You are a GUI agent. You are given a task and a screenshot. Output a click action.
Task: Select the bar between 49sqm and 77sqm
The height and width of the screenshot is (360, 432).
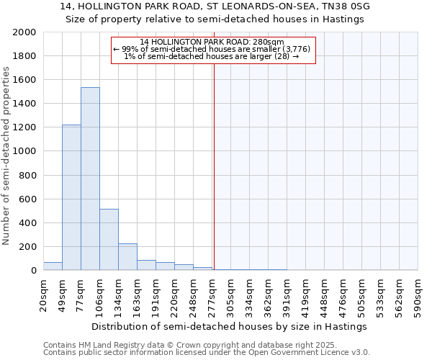71,197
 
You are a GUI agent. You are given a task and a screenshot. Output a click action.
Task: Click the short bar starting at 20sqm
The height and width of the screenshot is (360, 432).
53,266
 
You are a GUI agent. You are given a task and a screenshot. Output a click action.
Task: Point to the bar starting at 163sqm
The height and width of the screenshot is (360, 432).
146,265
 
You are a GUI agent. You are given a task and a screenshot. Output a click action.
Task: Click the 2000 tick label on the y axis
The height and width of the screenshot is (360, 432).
24,32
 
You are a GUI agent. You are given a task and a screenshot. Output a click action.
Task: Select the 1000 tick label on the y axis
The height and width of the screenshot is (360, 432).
24,151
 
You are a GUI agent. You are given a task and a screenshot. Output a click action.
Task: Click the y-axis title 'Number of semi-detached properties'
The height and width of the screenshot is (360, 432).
7,155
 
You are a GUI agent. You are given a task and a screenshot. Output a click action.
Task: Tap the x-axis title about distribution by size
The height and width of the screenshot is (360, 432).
230,326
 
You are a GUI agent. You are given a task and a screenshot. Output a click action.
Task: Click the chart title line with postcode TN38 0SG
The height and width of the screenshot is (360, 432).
215,6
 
